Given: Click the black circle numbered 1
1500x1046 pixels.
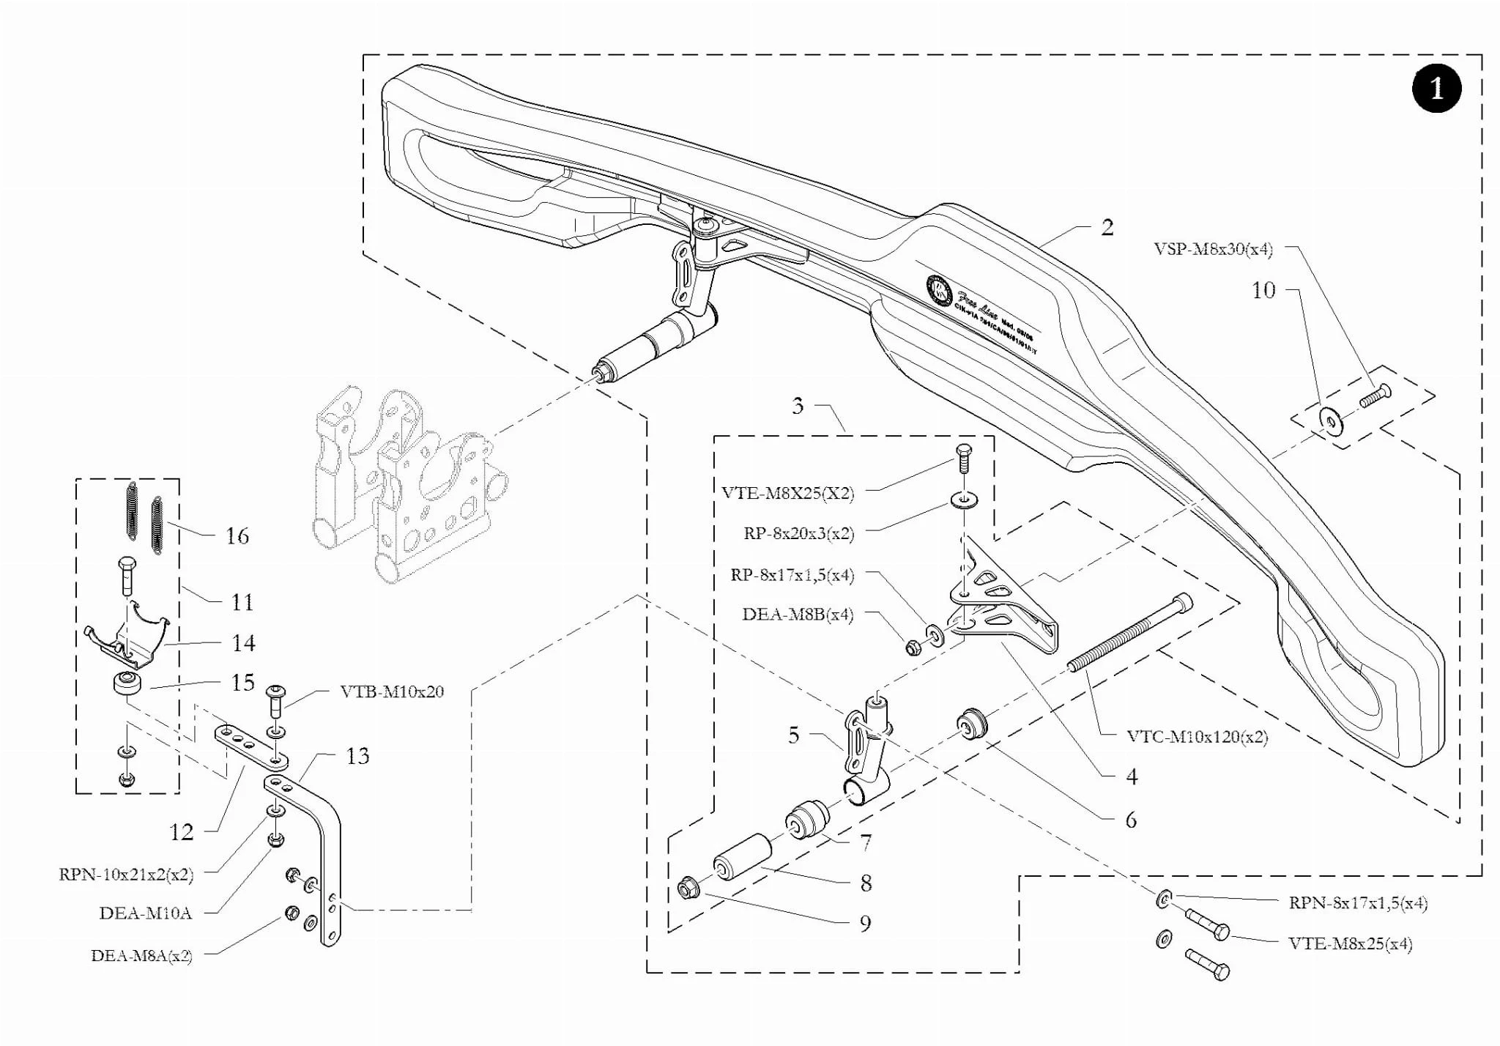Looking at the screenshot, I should pos(1436,89).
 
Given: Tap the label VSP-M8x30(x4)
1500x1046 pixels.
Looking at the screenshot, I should pos(1213,249).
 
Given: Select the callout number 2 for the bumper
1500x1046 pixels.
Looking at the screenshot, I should pos(1107,227).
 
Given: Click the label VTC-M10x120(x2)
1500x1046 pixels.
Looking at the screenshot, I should pos(1197,736).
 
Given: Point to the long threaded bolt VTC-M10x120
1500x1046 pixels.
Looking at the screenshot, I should pos(1129,634).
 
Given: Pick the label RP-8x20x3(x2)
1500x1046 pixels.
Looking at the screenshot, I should pos(798,533).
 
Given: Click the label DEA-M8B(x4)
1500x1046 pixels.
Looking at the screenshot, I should pos(798,614).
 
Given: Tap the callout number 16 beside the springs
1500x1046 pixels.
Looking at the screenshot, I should pos(237,535).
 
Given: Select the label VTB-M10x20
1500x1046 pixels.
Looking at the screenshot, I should pos(392,691).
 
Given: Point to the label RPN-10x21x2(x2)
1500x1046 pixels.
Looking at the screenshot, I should pos(126,874).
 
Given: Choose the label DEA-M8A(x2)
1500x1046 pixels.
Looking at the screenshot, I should pos(141,955).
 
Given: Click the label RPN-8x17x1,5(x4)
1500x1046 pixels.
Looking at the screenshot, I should pos(1358,902).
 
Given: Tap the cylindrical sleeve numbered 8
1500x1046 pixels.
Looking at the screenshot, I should pos(742,856).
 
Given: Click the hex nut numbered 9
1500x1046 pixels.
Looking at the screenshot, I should pos(688,889).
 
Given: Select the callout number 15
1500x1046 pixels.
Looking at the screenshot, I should pos(242,682).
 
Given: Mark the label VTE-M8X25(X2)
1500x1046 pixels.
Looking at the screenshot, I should pos(787,492).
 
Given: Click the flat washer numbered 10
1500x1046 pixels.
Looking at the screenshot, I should pos(1331,420).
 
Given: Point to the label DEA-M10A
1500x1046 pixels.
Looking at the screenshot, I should pos(145,913).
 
